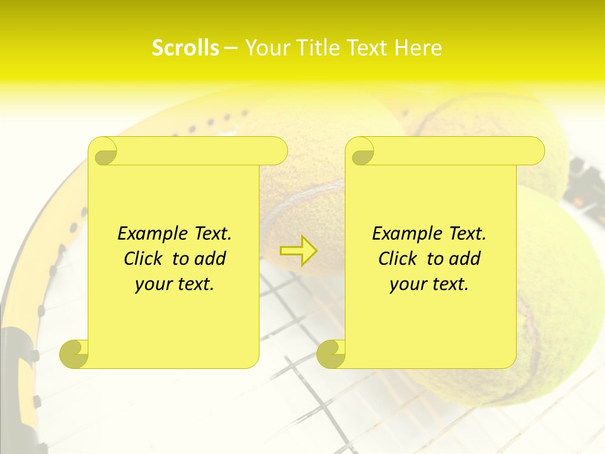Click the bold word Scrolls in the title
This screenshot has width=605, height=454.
pyautogui.click(x=185, y=48)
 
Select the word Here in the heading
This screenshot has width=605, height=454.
pyautogui.click(x=418, y=48)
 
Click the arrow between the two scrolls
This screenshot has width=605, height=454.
pyautogui.click(x=299, y=251)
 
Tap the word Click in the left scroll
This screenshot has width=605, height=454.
pyautogui.click(x=144, y=259)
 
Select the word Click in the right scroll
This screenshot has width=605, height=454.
pyautogui.click(x=399, y=259)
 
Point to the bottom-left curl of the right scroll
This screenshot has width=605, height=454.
pyautogui.click(x=331, y=353)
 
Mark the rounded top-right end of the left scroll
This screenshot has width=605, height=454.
pyautogui.click(x=277, y=151)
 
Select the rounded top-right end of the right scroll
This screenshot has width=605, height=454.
pyautogui.click(x=534, y=151)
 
